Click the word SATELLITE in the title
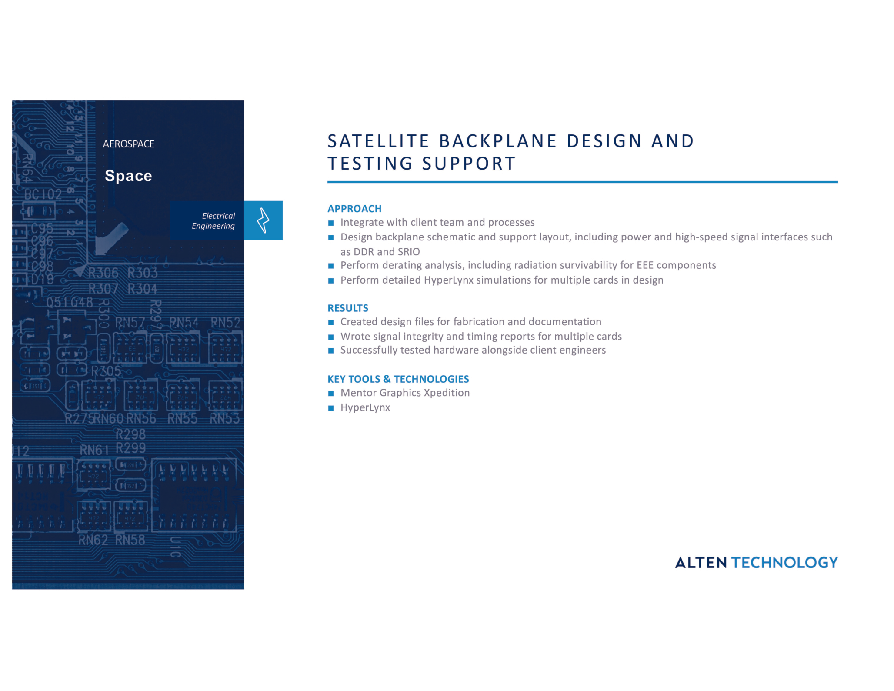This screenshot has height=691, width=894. point(378,141)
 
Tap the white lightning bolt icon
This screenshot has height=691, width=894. point(263,220)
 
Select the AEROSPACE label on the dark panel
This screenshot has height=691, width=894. point(128,144)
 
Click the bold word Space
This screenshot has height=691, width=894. point(128,176)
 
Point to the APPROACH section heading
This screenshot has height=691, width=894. point(354,209)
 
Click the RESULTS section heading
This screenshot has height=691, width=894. point(347,308)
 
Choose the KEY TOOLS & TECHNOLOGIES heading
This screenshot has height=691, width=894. point(398,379)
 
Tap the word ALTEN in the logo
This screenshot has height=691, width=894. point(701,563)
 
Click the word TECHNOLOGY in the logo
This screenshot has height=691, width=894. point(784,563)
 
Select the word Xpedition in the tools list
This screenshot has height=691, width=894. point(447,393)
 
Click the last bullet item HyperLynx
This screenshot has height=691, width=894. point(365,407)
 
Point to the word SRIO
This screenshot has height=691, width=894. point(408,252)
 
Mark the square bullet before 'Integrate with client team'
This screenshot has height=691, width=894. point(331,223)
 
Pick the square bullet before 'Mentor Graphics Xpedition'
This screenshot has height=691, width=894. point(331,394)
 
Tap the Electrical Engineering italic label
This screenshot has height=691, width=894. point(213,221)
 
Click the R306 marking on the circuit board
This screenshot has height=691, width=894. point(103,273)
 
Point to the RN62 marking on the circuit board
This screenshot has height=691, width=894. point(93,540)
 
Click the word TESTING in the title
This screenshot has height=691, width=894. point(370,164)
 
